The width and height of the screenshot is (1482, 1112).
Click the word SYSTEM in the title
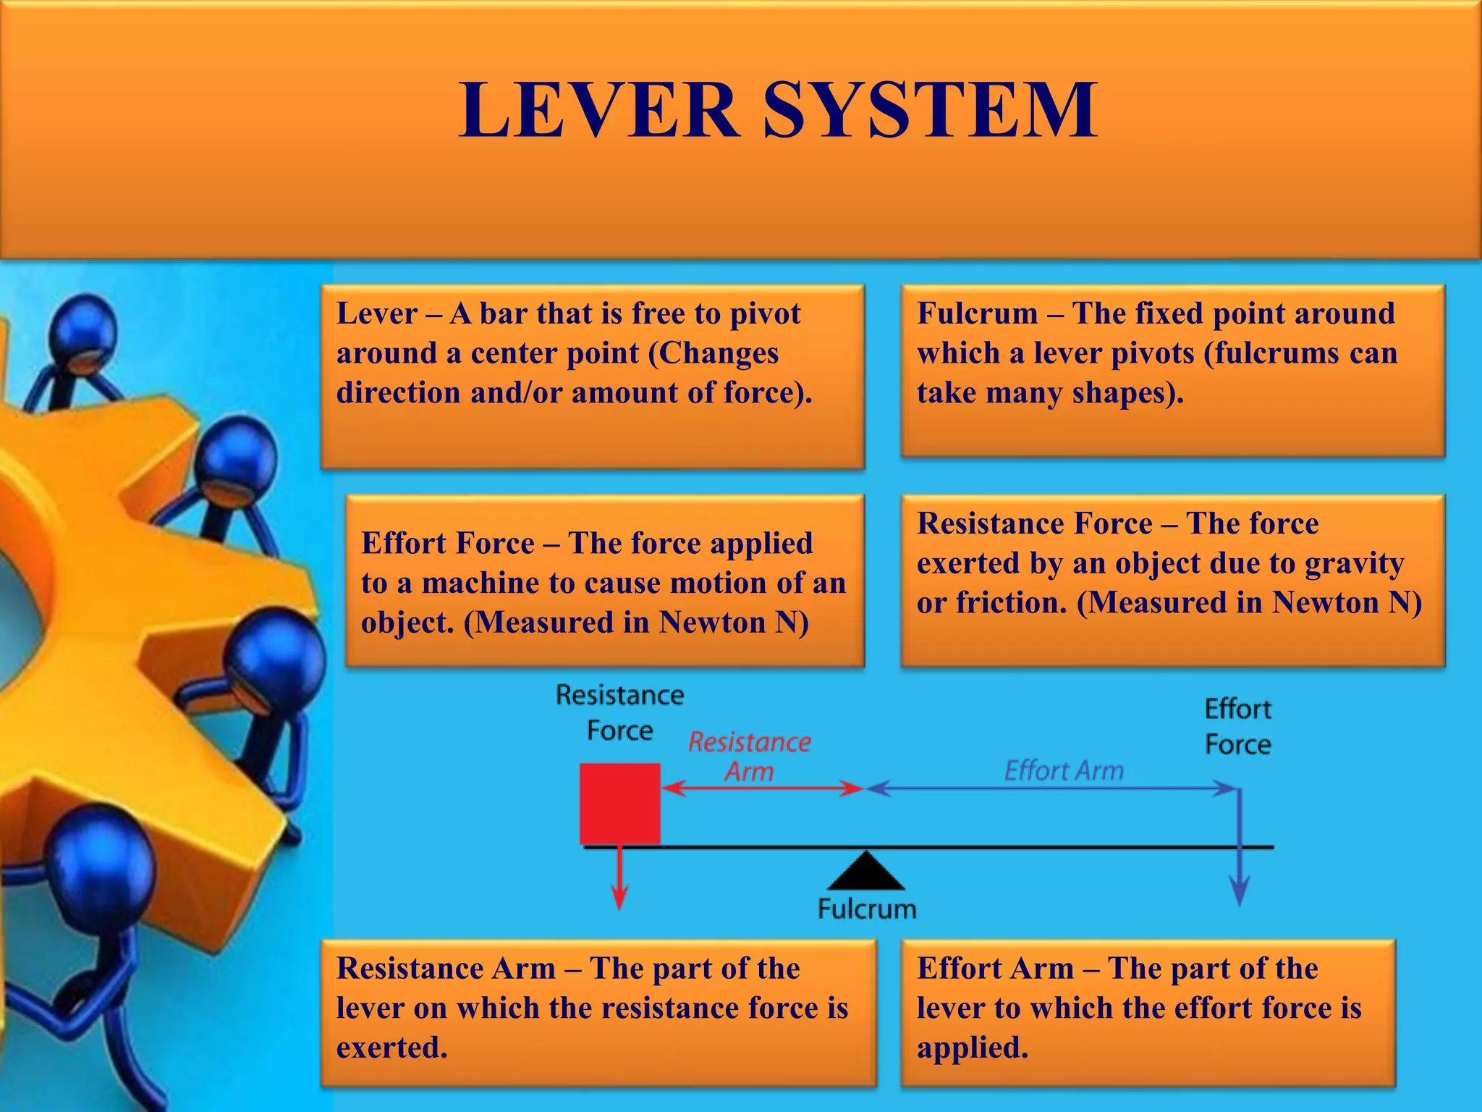(931, 111)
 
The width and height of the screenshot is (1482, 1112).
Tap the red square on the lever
(620, 803)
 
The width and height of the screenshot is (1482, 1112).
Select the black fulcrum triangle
(866, 872)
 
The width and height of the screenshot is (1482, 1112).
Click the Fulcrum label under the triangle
(867, 909)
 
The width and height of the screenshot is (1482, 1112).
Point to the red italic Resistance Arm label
(750, 757)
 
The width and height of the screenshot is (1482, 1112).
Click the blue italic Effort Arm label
(1064, 771)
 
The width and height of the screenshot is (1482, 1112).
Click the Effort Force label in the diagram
(1237, 726)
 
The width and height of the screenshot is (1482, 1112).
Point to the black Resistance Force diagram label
(620, 712)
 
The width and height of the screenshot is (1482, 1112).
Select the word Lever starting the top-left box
(377, 313)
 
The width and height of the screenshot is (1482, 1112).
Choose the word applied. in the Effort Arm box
(973, 1047)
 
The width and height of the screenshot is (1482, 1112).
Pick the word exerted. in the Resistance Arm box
(391, 1047)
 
